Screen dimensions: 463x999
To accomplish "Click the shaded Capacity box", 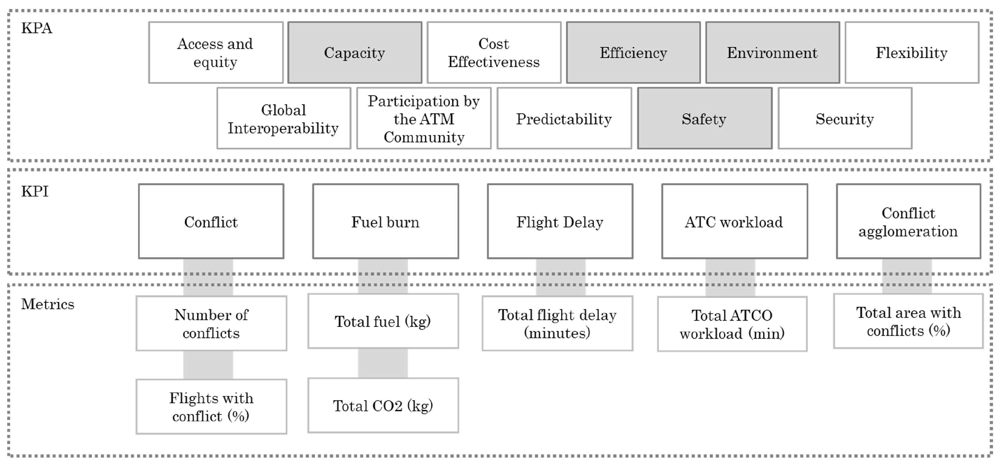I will click(354, 52).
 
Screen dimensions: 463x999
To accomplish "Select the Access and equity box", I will click(216, 52).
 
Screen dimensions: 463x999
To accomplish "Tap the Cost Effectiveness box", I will click(494, 52).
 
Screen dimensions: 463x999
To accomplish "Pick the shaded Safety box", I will click(704, 118).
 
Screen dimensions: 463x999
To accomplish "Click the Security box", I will click(845, 118).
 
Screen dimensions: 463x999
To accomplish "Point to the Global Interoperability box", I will click(284, 118).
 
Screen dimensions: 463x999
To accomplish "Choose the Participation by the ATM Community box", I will click(424, 118).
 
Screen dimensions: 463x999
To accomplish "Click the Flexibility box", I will click(911, 52).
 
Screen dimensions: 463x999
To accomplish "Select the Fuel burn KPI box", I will click(385, 221).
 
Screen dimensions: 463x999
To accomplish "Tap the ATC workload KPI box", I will click(734, 221).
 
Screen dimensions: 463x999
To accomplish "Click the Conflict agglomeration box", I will click(908, 221).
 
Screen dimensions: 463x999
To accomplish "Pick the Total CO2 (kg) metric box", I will click(383, 405).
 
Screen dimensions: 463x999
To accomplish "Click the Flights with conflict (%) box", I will click(211, 406).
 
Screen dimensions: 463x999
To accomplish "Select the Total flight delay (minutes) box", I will click(557, 323).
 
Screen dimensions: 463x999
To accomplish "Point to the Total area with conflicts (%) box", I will click(908, 321).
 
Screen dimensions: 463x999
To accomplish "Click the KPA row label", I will click(36, 28).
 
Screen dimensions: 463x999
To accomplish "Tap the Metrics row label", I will click(47, 304).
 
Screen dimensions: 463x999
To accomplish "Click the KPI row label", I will click(35, 191).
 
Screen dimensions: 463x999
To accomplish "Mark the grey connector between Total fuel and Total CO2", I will click(383, 363).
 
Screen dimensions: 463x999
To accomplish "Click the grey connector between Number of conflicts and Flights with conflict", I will click(208, 365).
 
